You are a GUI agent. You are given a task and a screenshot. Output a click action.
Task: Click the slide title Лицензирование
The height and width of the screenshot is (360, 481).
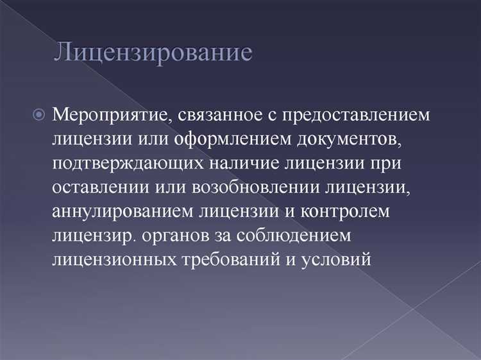pyautogui.click(x=153, y=52)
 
